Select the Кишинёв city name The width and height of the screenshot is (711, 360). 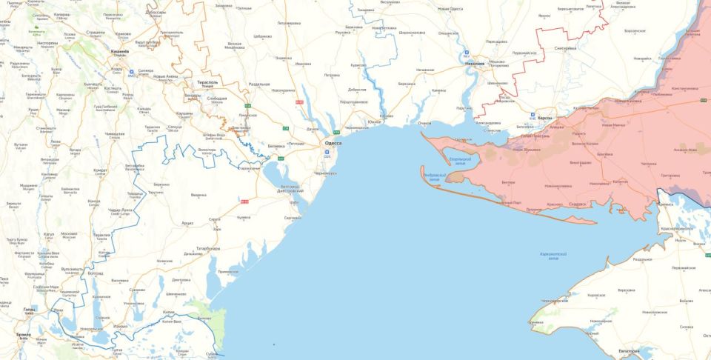(119, 51)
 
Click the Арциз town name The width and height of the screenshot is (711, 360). (187, 222)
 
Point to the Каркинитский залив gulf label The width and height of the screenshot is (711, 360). (553, 256)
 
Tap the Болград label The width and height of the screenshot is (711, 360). (96, 273)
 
